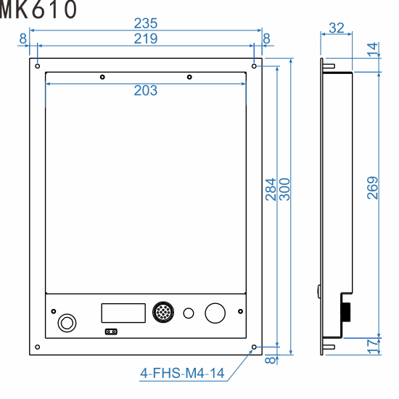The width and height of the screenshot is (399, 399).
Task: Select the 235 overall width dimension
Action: (x=146, y=24)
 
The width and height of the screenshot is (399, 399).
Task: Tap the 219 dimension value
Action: (x=146, y=38)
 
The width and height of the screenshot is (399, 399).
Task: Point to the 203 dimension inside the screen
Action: (x=146, y=91)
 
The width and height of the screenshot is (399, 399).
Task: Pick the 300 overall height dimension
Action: (x=284, y=190)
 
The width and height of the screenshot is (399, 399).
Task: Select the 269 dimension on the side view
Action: (x=372, y=190)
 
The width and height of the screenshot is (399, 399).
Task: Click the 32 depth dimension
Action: (x=337, y=28)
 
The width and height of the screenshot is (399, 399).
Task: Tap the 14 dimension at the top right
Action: (x=372, y=49)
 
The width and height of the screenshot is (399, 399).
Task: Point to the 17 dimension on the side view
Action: (x=372, y=346)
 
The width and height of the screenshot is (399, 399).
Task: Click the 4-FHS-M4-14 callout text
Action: (x=182, y=374)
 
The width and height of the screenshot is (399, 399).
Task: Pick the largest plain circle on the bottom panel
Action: (x=215, y=313)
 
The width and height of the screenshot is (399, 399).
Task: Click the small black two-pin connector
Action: (x=111, y=332)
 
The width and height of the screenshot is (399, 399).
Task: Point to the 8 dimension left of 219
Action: (x=23, y=38)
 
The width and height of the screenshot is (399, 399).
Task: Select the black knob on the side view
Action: (x=347, y=311)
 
